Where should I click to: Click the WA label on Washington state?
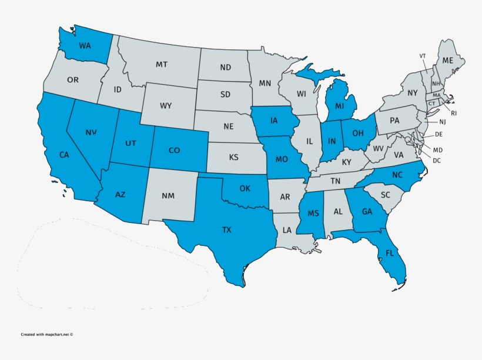pos(85,45)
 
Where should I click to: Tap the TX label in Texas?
pos(226,229)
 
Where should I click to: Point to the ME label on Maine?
pos(448,60)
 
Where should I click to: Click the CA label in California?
pos(65,155)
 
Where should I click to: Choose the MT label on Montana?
pos(162,64)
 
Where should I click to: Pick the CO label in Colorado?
pos(174,151)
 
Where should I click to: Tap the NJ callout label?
pos(443,122)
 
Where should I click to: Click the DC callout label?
pos(437,160)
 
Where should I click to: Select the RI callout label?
pos(454,113)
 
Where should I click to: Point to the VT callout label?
pos(422,56)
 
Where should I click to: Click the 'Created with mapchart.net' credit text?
pos(47,334)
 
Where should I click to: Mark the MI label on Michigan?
pos(339,106)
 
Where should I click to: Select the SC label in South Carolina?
pos(386,195)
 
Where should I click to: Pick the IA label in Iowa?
pos(274,121)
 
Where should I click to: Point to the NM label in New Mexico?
pos(168,196)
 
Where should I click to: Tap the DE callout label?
pos(439,134)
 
